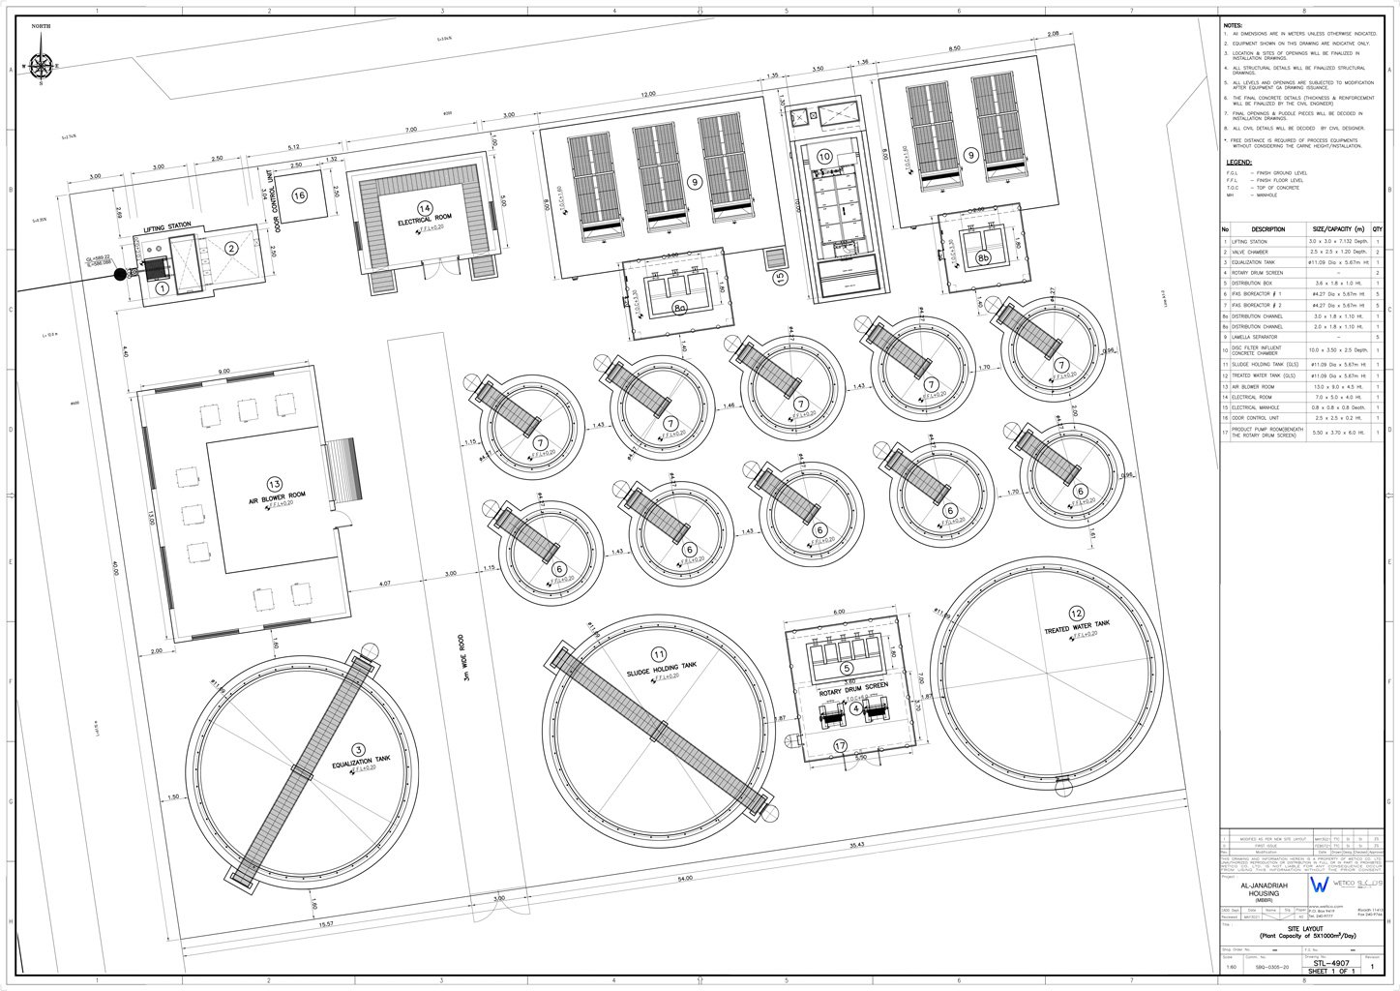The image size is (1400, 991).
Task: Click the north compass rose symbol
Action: tap(41, 66)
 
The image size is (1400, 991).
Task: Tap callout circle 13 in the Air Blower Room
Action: tap(274, 484)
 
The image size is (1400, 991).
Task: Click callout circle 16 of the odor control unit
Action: tap(299, 195)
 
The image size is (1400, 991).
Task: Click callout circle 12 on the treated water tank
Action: tap(1076, 612)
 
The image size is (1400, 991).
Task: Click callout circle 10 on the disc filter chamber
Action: tap(824, 156)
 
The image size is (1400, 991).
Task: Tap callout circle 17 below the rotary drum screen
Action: tap(840, 745)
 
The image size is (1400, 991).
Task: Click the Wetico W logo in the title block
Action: tap(1318, 886)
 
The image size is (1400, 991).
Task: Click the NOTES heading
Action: tap(1234, 25)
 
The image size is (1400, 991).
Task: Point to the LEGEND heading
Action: tap(1239, 163)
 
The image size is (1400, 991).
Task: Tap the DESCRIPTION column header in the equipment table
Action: tap(1267, 229)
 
